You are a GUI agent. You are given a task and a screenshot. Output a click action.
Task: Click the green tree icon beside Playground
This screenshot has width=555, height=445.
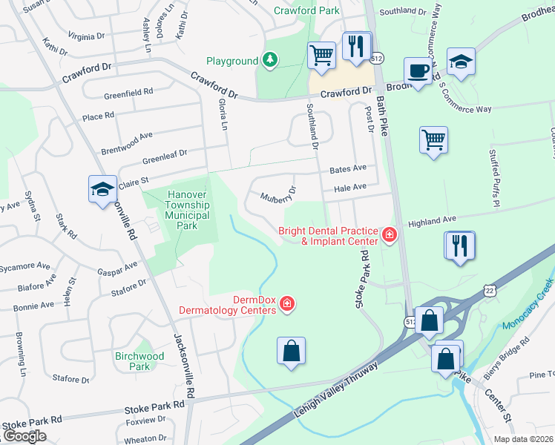(x=271, y=61)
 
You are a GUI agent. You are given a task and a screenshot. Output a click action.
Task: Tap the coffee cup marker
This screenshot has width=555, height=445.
(x=418, y=71)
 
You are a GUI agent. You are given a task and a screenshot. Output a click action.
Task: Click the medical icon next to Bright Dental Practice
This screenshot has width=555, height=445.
(x=389, y=235)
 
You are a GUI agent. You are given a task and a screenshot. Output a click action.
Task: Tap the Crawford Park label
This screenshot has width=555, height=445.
(x=306, y=10)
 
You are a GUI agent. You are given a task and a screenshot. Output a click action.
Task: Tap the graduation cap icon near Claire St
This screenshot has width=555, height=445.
(x=102, y=189)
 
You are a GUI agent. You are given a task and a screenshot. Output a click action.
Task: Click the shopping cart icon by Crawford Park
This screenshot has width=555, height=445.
(x=321, y=54)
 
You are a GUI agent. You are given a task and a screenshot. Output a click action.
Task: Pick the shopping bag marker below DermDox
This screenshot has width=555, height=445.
(x=292, y=351)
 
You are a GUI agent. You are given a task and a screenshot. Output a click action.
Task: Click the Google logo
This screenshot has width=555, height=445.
(x=24, y=436)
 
